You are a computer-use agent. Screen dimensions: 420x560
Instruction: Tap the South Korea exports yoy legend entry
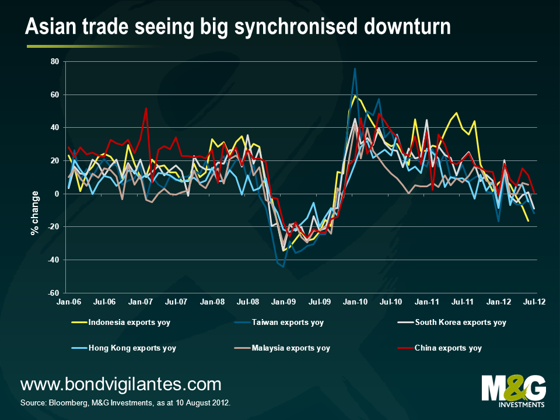460,322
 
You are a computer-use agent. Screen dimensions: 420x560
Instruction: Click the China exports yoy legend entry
447,348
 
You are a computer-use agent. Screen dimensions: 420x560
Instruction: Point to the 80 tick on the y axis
55,61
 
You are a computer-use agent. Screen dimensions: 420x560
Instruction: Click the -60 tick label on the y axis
54,293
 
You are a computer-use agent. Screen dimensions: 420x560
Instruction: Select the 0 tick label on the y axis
57,194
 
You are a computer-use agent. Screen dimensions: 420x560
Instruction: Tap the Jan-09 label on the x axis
284,303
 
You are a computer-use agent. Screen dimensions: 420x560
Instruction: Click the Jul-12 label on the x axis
534,303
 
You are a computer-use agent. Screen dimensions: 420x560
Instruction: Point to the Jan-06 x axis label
69,303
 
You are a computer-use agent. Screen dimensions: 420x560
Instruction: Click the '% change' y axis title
34,212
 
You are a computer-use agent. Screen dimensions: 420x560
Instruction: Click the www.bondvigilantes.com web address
121,384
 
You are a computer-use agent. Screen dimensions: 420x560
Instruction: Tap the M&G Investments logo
513,390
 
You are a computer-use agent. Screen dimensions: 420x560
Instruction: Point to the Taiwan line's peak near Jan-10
355,68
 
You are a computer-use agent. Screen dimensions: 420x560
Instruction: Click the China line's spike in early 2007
146,108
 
